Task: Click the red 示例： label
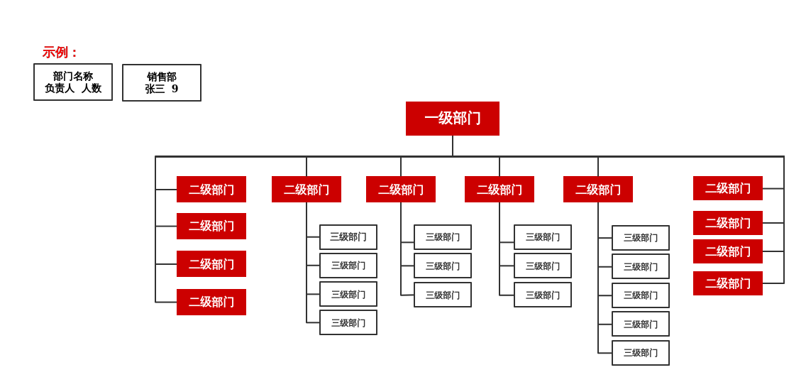60,53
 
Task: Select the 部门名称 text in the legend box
72,76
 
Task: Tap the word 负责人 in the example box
60,89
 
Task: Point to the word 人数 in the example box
91,89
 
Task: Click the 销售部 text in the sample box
162,77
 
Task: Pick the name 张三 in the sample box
155,89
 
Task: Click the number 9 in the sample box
175,89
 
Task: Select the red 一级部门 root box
452,119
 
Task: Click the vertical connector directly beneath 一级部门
453,146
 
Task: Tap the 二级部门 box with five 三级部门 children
597,190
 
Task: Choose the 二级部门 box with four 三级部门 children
306,190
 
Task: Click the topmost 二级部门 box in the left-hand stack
211,190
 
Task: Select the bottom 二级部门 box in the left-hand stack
211,302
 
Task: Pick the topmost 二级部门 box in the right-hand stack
727,188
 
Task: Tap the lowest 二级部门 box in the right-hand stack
727,283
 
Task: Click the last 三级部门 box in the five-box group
640,353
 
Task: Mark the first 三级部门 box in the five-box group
640,238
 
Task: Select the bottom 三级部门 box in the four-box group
348,322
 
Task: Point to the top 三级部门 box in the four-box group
348,237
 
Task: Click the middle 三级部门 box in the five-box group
640,295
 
